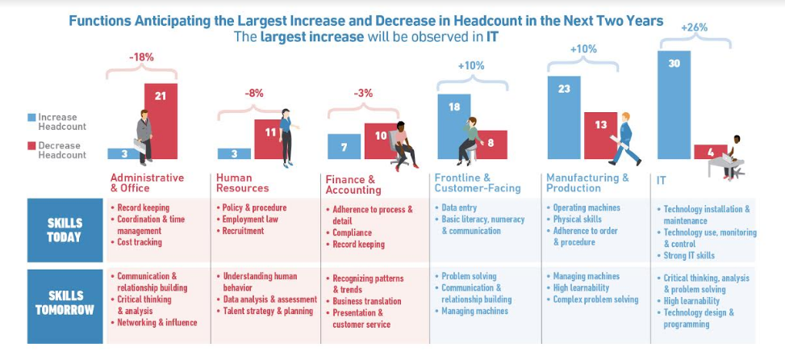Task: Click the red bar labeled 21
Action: [x=161, y=121]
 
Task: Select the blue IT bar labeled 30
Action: [x=674, y=105]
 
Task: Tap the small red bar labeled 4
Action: [x=710, y=152]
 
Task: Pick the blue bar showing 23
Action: [x=564, y=118]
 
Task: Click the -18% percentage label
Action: [x=141, y=57]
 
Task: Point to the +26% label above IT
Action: [x=695, y=28]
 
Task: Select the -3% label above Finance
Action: [x=364, y=93]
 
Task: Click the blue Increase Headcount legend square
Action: [x=31, y=117]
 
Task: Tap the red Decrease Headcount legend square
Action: [x=31, y=146]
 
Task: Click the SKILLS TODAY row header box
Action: [x=65, y=230]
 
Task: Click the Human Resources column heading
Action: [x=242, y=182]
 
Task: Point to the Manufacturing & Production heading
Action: [x=587, y=182]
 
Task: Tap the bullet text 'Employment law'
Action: [x=250, y=220]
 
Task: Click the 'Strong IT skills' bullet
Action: [x=689, y=256]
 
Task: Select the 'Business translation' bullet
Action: [x=367, y=301]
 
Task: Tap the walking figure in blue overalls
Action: [x=624, y=139]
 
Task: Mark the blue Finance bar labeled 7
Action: [x=344, y=146]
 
